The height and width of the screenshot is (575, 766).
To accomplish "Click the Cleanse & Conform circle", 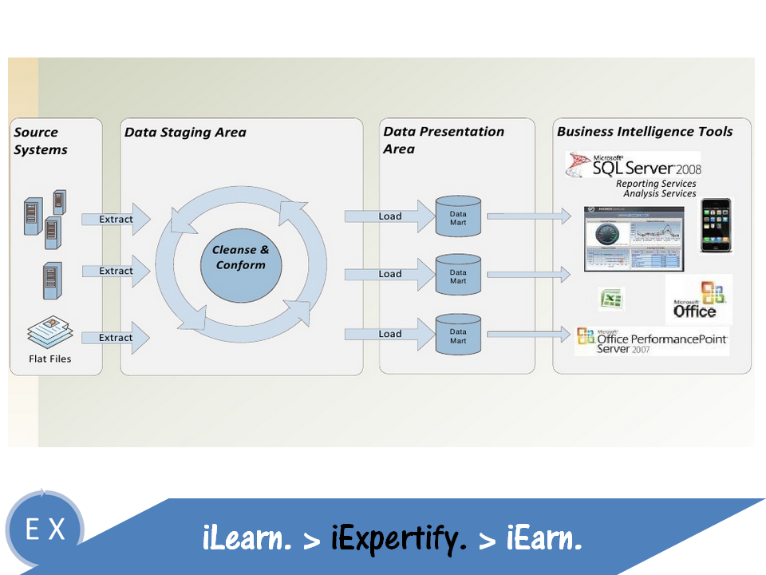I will [241, 257].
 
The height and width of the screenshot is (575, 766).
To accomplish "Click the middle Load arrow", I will [388, 274].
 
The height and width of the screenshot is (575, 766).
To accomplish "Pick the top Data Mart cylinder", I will [458, 216].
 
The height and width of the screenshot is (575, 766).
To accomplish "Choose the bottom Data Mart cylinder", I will [458, 335].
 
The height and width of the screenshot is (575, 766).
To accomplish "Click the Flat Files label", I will [49, 359].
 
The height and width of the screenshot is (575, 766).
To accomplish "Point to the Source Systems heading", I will [41, 141].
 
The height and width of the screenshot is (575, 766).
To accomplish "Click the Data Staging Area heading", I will [185, 133].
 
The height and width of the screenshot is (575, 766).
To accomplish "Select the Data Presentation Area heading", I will [443, 140].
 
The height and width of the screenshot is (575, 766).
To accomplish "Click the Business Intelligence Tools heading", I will [644, 132].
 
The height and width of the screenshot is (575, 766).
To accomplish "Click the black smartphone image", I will [716, 225].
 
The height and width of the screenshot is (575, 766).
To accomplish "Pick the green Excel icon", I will [612, 299].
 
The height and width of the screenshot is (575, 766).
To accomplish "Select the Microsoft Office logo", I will [699, 300].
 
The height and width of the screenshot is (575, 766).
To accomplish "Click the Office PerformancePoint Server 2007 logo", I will [653, 341].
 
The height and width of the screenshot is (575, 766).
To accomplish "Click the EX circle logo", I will [45, 529].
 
